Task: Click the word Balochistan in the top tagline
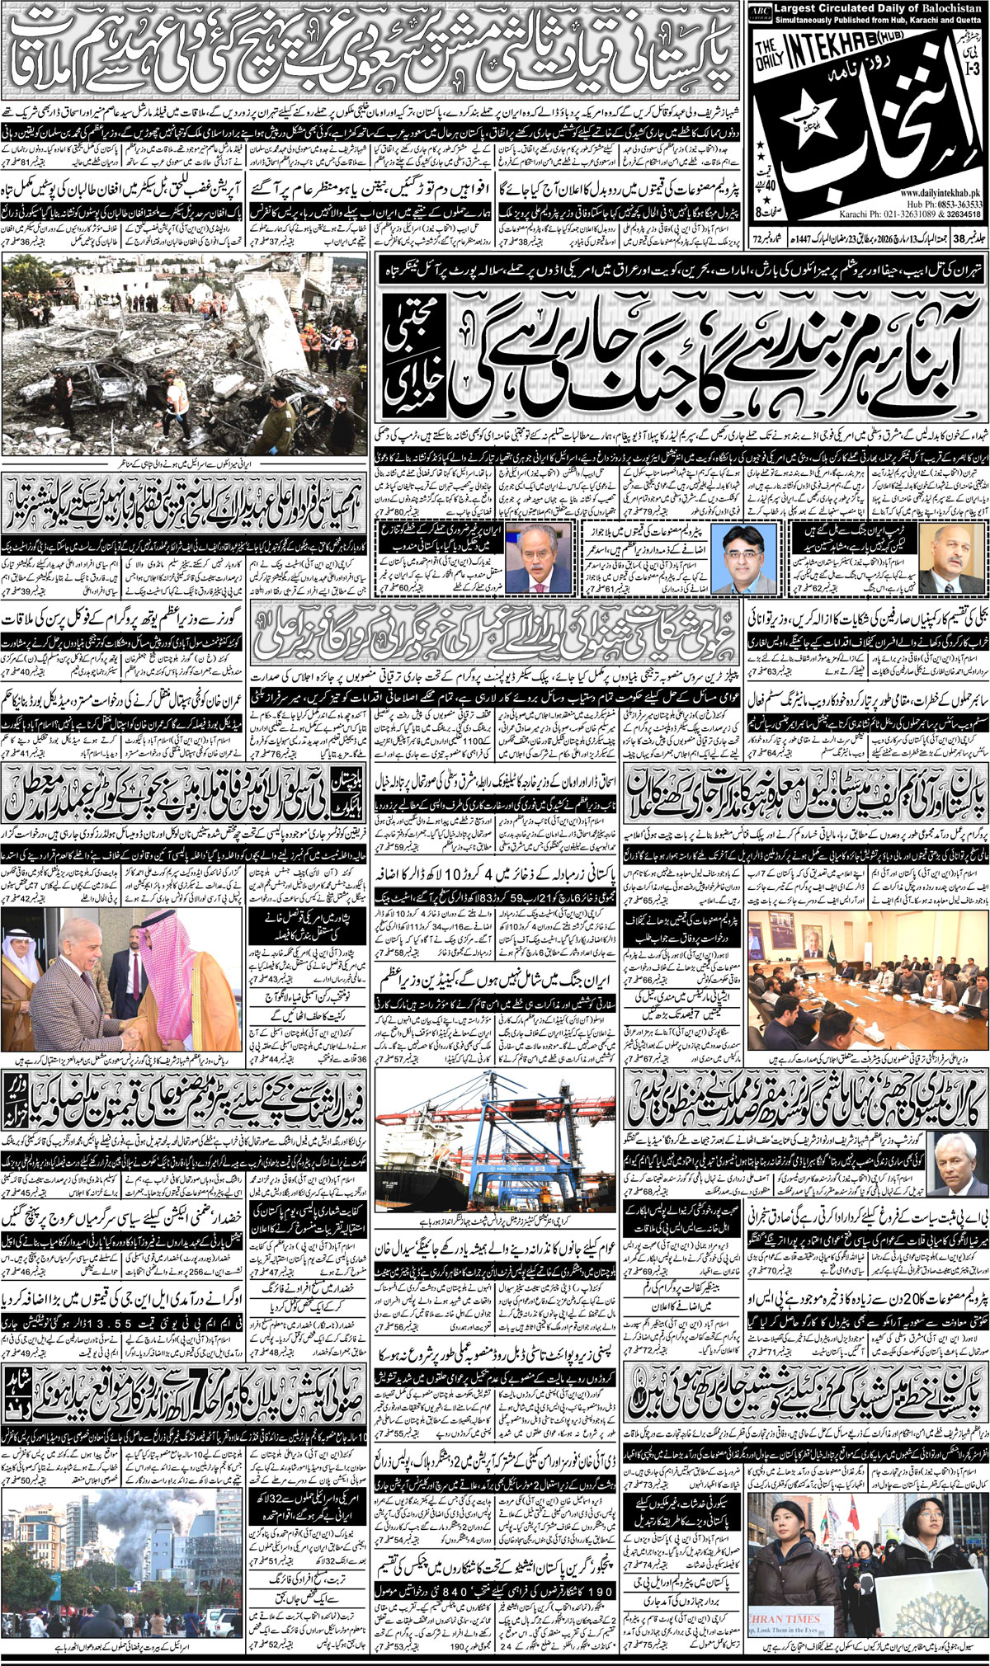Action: click(x=949, y=9)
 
